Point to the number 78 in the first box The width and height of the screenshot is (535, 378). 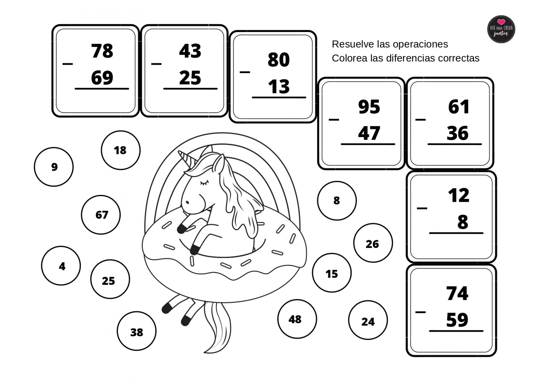(102, 51)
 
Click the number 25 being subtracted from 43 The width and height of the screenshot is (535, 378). (190, 78)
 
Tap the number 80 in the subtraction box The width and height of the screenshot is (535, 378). (279, 59)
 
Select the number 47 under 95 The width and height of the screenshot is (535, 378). (369, 133)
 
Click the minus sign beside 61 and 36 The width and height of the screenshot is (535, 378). (421, 120)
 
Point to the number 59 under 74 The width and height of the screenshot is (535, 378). (457, 320)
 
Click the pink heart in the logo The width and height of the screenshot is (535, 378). (501, 22)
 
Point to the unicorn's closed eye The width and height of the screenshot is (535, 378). (204, 183)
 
